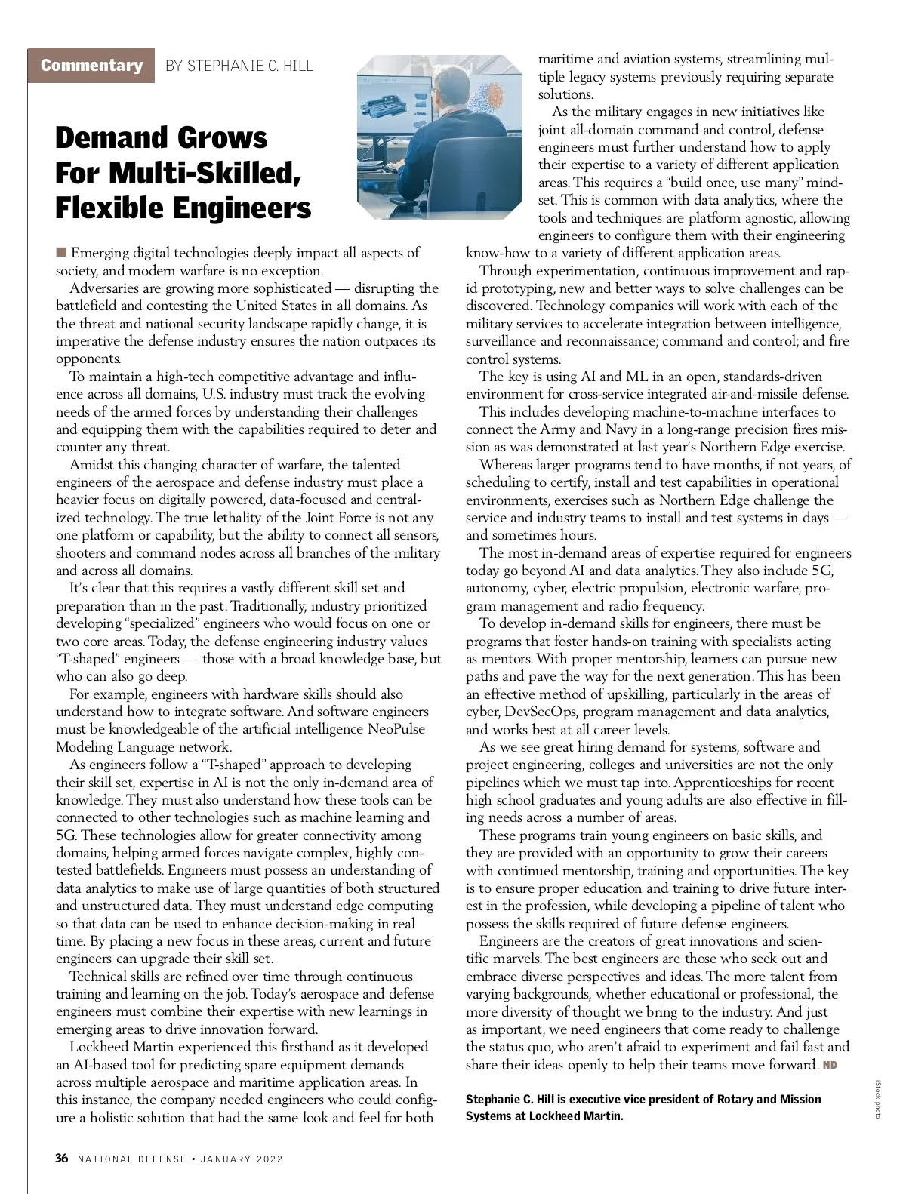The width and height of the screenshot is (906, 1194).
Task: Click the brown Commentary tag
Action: pos(91,66)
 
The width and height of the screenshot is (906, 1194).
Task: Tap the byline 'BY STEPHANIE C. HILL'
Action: pos(239,66)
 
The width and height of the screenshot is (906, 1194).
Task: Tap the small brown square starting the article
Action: pos(60,252)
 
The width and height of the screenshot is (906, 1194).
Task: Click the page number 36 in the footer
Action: pos(62,1159)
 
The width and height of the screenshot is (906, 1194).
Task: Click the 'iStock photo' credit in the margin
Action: pos(877,1099)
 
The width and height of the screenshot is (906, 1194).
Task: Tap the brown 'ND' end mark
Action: pos(830,1065)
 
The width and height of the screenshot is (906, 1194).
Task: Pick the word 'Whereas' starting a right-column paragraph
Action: pos(506,465)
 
